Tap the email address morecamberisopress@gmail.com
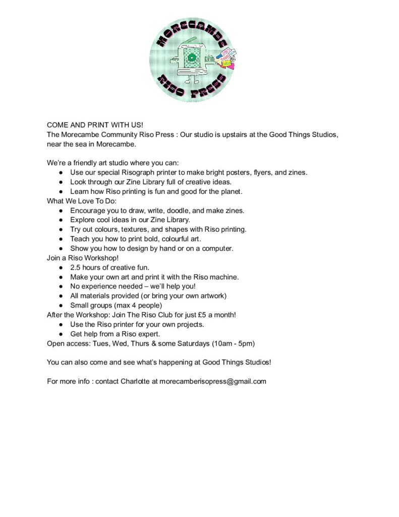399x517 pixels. coord(212,381)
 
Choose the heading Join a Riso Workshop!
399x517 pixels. coord(83,258)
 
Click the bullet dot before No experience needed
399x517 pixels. coord(61,286)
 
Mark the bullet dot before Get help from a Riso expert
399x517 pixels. coord(61,334)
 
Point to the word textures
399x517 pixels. coord(130,229)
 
